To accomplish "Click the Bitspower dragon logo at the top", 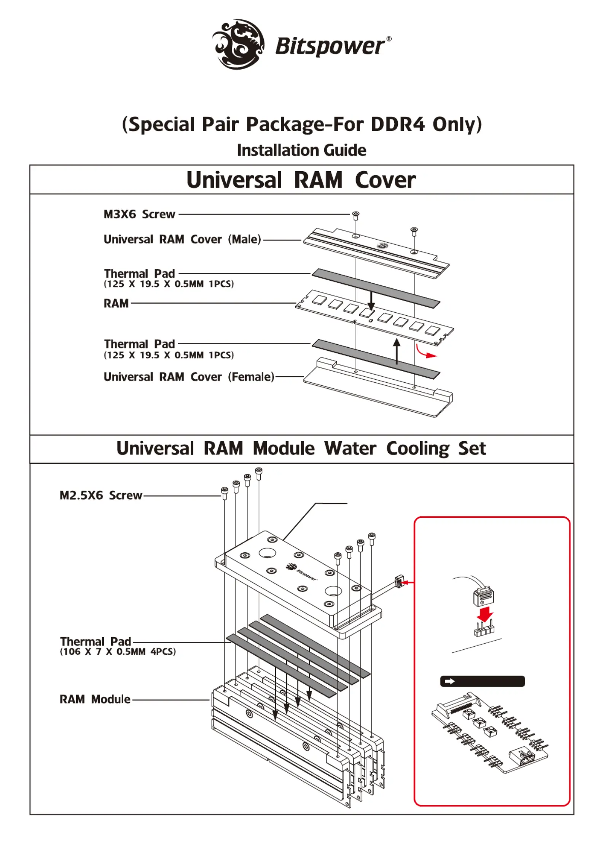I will tap(238, 44).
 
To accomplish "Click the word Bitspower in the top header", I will tap(330, 46).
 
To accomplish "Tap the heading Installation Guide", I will tap(301, 150).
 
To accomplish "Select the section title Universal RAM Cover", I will tap(301, 180).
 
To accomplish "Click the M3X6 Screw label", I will tap(139, 214).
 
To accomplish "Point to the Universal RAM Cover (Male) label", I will tap(182, 239).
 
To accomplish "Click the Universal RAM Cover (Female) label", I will tap(189, 377).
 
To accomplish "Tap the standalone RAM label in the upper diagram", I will tap(116, 303).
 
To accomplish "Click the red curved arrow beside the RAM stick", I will tap(426, 352).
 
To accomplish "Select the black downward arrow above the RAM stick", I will tap(371, 301).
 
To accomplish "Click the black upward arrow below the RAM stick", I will tap(397, 351).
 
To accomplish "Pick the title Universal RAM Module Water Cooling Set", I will tap(301, 448).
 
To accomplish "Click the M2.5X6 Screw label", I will tap(101, 495).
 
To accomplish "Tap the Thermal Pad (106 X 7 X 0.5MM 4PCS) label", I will tap(118, 646).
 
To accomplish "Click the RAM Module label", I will tap(95, 699).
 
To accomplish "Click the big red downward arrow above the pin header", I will tap(484, 614).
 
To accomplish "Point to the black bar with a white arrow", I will tap(482, 681).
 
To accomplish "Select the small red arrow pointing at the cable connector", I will tap(409, 582).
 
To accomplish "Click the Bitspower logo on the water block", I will tap(301, 572).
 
